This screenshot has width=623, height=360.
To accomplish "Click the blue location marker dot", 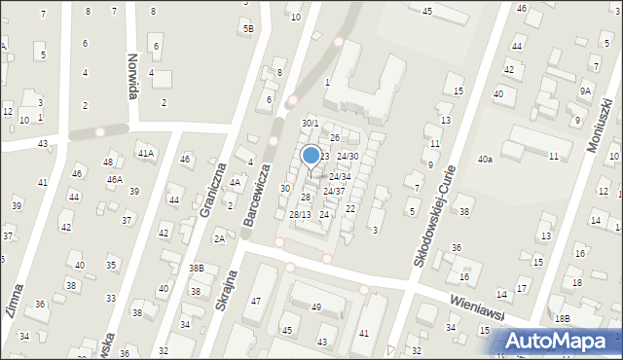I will tap(311, 155).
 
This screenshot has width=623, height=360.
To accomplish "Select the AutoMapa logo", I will tap(558, 342).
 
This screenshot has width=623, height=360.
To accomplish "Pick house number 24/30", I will tap(348, 157).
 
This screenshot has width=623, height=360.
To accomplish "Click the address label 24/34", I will tap(339, 177).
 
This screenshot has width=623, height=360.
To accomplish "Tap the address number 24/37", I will tap(334, 192).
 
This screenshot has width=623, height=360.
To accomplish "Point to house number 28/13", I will tap(300, 215).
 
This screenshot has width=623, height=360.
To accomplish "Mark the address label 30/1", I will tap(310, 124).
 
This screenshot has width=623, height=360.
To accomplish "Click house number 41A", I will tap(146, 154).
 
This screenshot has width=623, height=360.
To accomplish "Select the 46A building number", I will tap(114, 180).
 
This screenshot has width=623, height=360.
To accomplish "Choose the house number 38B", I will tap(197, 268).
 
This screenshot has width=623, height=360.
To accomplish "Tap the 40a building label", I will tap(484, 159).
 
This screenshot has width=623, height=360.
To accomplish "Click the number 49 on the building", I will tap(315, 307).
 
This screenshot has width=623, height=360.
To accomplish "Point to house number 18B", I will tap(562, 319).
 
